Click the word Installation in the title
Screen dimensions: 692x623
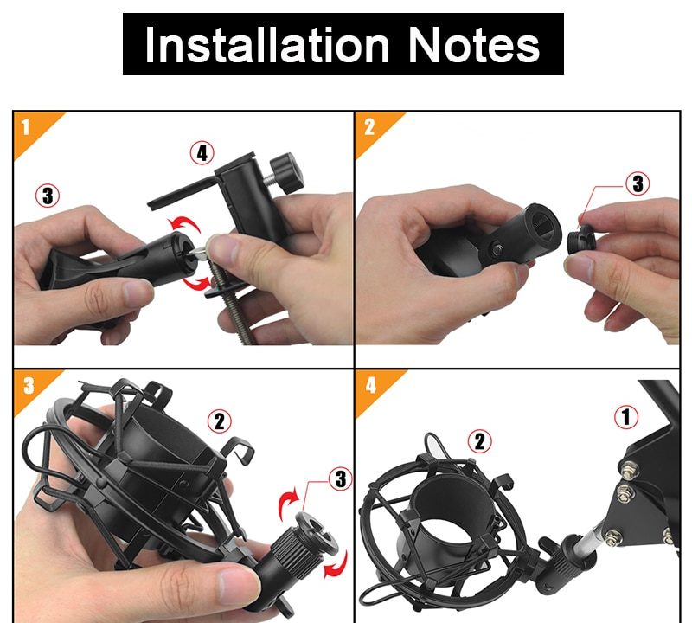(267, 45)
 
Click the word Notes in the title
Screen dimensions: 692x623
(473, 45)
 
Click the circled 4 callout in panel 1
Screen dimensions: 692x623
(202, 153)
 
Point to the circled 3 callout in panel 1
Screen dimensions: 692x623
(48, 196)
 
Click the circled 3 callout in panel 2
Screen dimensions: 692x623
(638, 183)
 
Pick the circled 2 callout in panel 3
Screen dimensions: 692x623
(220, 421)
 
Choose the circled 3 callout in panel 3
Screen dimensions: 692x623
(340, 478)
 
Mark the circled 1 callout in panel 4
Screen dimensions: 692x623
(625, 416)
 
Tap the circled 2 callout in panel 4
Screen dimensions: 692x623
(480, 441)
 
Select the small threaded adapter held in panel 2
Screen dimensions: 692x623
(581, 239)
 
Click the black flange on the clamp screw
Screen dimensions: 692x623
(224, 289)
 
